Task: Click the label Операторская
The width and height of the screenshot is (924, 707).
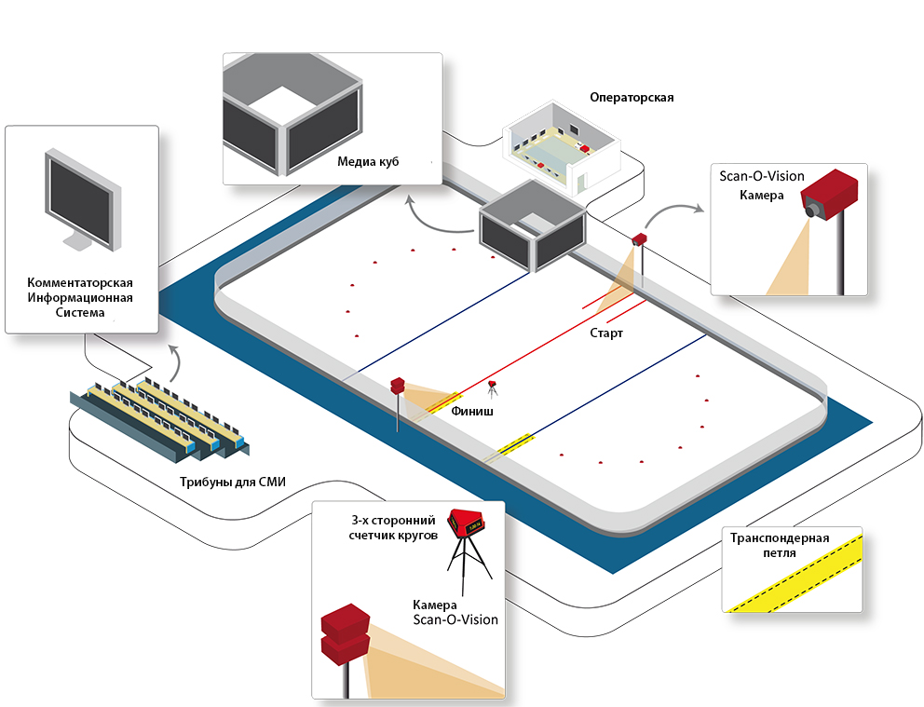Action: point(632,98)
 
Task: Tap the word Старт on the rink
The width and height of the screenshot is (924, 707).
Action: point(606,333)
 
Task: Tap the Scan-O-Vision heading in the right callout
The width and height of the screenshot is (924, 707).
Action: point(761,176)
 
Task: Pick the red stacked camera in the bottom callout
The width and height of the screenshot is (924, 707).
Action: point(346,634)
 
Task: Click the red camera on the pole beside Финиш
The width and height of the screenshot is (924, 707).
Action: point(398,386)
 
